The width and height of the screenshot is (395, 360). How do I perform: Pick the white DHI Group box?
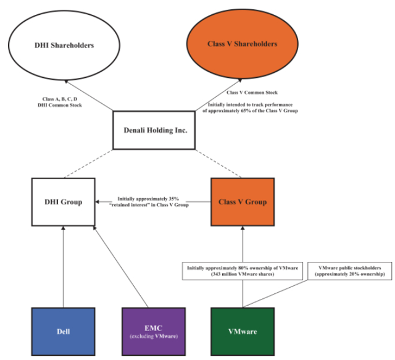pyautogui.click(x=62, y=201)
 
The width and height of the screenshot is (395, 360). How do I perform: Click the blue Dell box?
pyautogui.click(x=63, y=331)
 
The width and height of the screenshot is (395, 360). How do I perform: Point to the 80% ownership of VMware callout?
pyautogui.click(x=241, y=271)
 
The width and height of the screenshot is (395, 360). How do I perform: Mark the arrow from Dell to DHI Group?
pyautogui.click(x=63, y=266)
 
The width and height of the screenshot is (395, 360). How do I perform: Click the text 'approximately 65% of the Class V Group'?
pyautogui.click(x=252, y=111)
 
